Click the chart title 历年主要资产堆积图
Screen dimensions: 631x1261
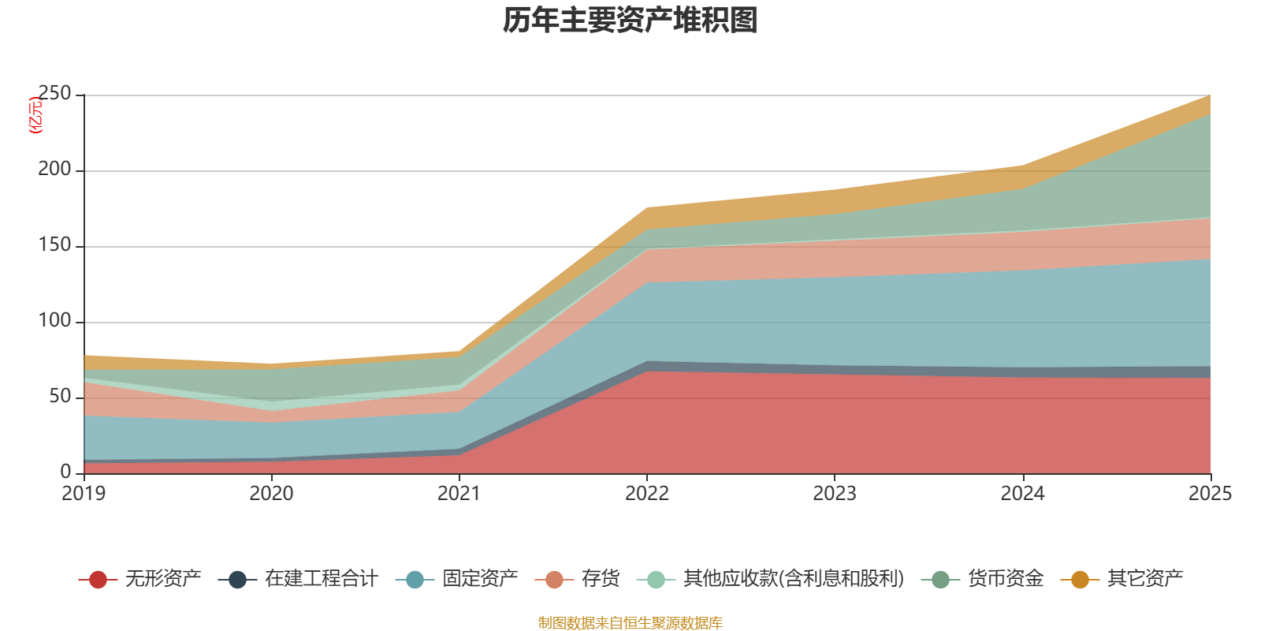[x=630, y=21]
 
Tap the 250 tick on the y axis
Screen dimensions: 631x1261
[x=54, y=94]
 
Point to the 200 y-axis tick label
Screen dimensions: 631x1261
[x=54, y=170]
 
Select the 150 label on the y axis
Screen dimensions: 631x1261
[x=54, y=245]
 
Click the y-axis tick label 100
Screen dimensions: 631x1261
[x=54, y=321]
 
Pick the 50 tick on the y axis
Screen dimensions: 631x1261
[x=60, y=397]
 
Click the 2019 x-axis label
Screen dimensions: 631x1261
[x=84, y=494]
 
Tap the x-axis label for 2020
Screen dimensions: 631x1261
[x=271, y=494]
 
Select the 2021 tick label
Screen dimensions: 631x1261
[x=459, y=494]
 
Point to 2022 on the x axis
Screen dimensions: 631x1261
[x=647, y=494]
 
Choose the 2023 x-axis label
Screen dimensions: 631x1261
[x=835, y=494]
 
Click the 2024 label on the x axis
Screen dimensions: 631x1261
[x=1022, y=494]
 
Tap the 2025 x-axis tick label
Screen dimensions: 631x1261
[x=1210, y=494]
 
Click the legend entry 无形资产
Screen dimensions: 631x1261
[x=162, y=579]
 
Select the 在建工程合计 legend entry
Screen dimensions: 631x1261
[x=321, y=579]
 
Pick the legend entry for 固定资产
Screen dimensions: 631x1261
[x=480, y=579]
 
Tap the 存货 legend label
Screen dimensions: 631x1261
[x=601, y=579]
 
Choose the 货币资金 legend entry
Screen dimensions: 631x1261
[x=1006, y=579]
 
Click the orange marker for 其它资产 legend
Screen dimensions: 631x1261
[x=1080, y=580]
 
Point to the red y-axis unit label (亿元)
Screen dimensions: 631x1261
[x=35, y=115]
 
